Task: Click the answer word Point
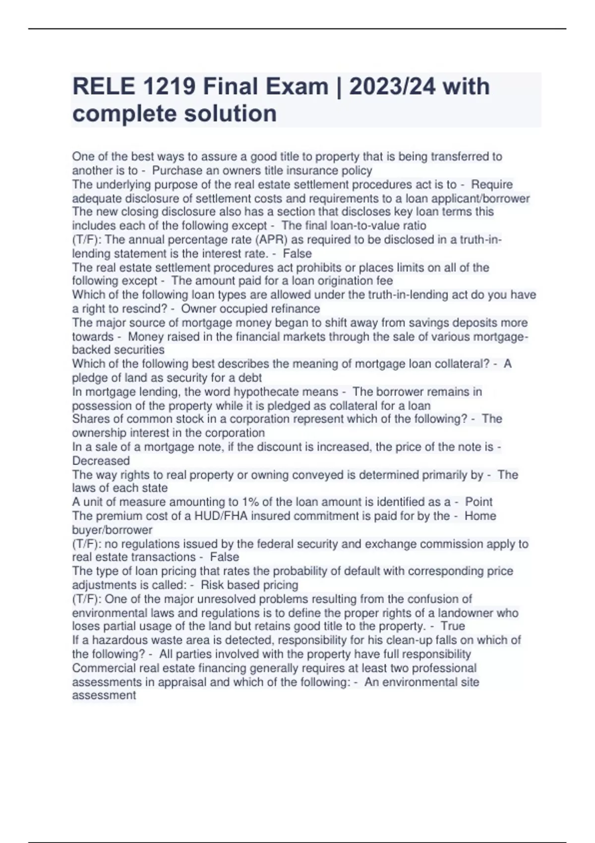(478, 502)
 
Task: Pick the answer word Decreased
(101, 461)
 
